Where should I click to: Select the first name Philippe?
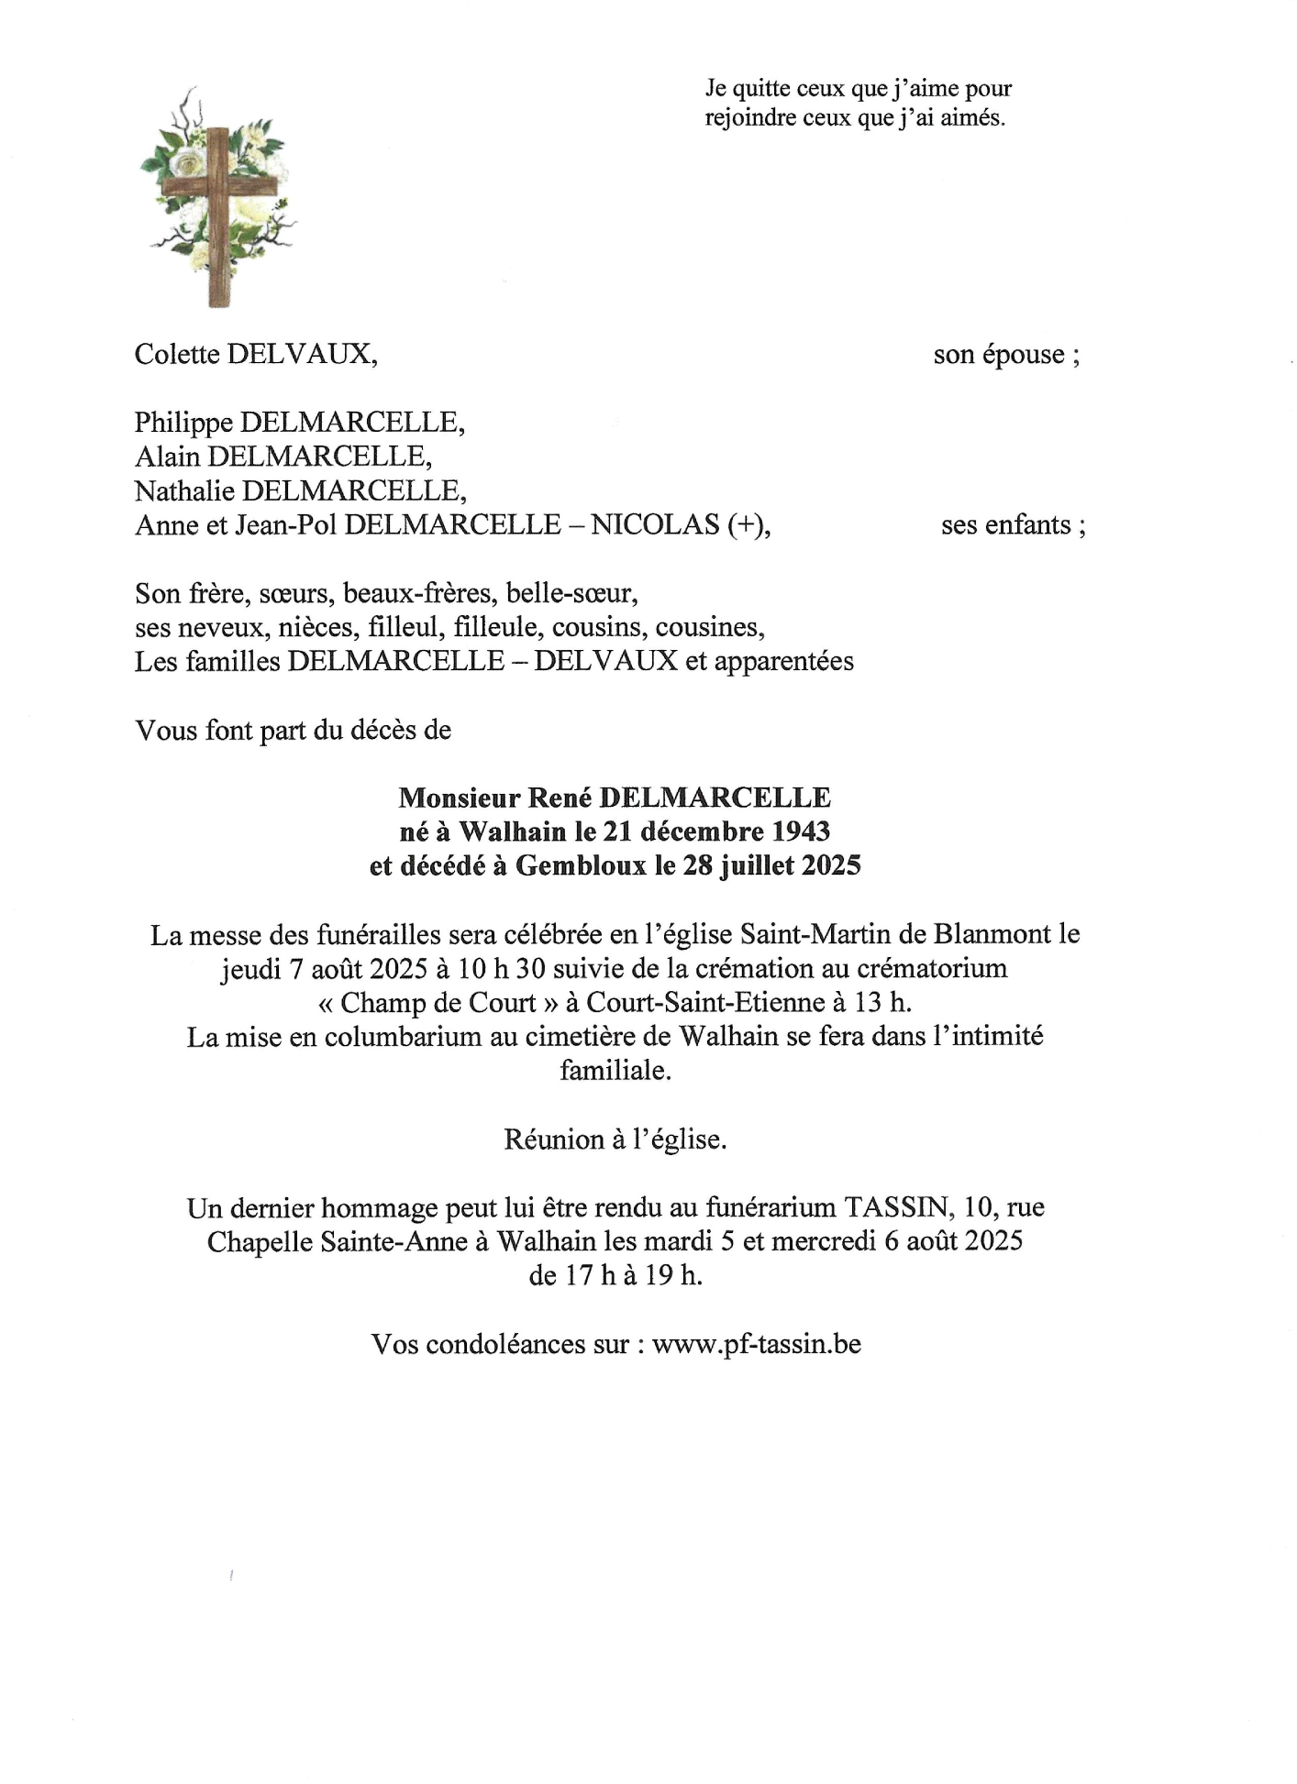pyautogui.click(x=183, y=423)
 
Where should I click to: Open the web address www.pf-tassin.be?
pyautogui.click(x=757, y=1344)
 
